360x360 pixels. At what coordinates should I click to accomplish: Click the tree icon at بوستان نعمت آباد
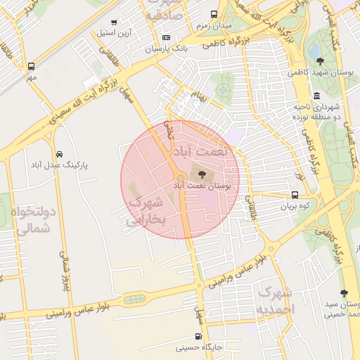pyautogui.click(x=202, y=174)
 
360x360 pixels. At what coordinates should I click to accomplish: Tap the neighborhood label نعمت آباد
pyautogui.click(x=204, y=153)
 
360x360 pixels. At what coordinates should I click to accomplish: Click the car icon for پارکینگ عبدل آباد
pyautogui.click(x=58, y=153)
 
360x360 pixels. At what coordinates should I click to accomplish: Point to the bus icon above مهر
pyautogui.click(x=30, y=66)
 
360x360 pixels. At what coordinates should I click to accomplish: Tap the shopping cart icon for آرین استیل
pyautogui.click(x=115, y=22)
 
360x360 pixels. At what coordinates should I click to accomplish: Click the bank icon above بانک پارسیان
pyautogui.click(x=166, y=37)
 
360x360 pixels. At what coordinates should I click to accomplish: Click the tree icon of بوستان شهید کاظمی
pyautogui.click(x=321, y=61)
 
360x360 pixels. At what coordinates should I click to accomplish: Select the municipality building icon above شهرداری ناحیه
pyautogui.click(x=317, y=95)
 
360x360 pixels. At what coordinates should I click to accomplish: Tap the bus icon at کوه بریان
pyautogui.click(x=294, y=196)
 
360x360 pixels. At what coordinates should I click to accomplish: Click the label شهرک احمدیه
pyautogui.click(x=276, y=300)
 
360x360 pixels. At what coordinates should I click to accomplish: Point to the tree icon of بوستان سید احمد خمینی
pyautogui.click(x=344, y=293)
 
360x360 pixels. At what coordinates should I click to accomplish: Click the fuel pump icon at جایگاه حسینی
pyautogui.click(x=199, y=336)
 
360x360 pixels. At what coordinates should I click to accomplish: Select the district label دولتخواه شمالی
pyautogui.click(x=32, y=220)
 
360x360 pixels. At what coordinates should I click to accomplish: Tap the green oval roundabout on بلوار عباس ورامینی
pyautogui.click(x=134, y=299)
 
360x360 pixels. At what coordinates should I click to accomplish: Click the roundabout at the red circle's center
pyautogui.click(x=181, y=179)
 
